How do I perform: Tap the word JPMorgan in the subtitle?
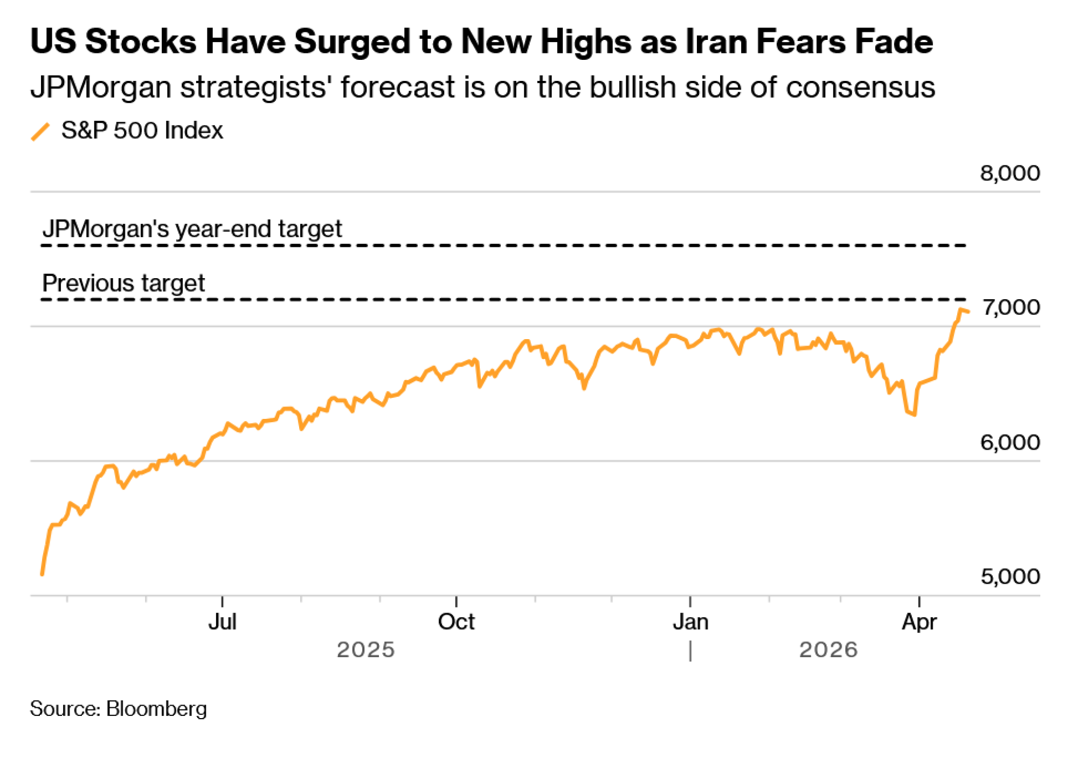coord(101,88)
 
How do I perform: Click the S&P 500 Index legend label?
coord(142,130)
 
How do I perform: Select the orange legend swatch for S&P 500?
coord(40,132)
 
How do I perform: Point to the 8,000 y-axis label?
coord(1009,174)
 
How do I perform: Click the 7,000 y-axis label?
coord(1011,307)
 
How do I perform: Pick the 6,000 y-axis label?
coord(1010,443)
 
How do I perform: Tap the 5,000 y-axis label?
coord(1010,577)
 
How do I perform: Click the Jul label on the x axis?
coord(222,622)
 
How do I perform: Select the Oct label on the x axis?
coord(456,622)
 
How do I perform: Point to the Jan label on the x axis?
coord(690,622)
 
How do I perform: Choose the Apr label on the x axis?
coord(919,622)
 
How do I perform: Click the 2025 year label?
coord(365,650)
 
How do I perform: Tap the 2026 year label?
coord(828,650)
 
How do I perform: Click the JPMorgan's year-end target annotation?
coord(192,229)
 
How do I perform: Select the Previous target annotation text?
coord(123,283)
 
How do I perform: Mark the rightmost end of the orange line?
coord(968,311)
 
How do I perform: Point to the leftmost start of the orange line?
coord(42,574)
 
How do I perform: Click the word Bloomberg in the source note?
coord(156,709)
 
